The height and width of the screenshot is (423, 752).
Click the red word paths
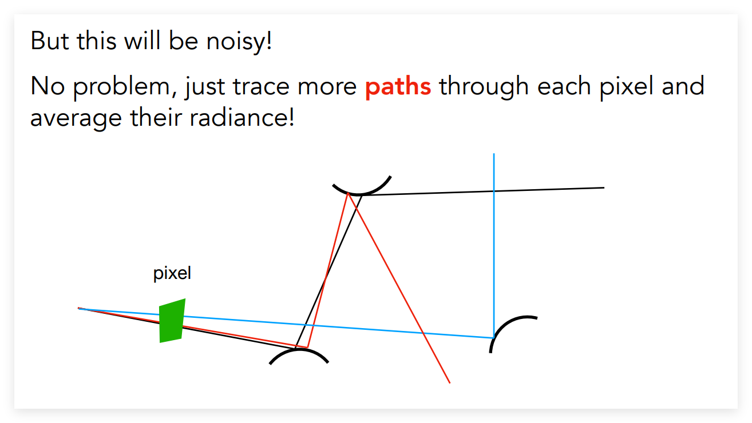coord(398,86)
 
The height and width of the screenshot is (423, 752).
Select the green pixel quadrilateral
coord(172,321)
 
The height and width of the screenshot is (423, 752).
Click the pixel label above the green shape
coord(172,273)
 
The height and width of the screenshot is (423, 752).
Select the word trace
coord(261,86)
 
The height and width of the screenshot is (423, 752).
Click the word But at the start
coord(50,41)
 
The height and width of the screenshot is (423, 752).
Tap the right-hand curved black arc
coord(504,324)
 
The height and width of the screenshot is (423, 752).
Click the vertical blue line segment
coord(494,246)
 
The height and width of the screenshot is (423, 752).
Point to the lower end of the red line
coord(450,383)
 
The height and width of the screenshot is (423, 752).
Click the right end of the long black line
coord(604,188)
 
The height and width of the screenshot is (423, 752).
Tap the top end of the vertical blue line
coord(494,154)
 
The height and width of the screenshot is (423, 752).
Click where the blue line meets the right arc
coord(494,337)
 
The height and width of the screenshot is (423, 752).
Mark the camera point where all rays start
coord(78,308)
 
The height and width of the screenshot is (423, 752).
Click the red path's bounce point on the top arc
coord(348,193)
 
